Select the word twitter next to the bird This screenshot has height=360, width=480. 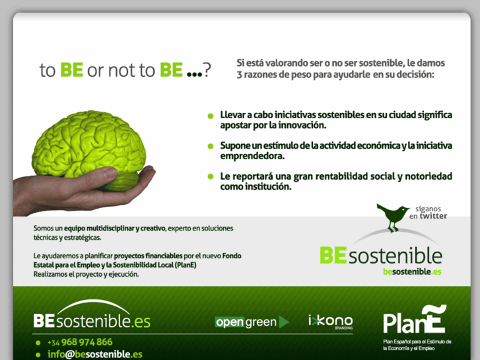(x=433, y=216)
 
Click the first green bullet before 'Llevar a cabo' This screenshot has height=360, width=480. (x=211, y=115)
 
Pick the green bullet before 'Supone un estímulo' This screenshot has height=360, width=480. (x=211, y=146)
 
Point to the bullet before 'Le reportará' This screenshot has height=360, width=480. (x=211, y=177)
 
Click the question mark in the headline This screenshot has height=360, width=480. (x=207, y=71)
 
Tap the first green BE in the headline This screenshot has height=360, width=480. (x=71, y=71)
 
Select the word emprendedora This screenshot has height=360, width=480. (x=252, y=156)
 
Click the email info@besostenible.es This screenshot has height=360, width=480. (x=94, y=354)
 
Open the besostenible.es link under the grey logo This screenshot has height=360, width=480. (x=412, y=271)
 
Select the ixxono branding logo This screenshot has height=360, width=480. (x=330, y=321)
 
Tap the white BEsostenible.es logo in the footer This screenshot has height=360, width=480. (x=92, y=321)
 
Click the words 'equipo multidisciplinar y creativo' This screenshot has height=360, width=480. (x=116, y=228)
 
